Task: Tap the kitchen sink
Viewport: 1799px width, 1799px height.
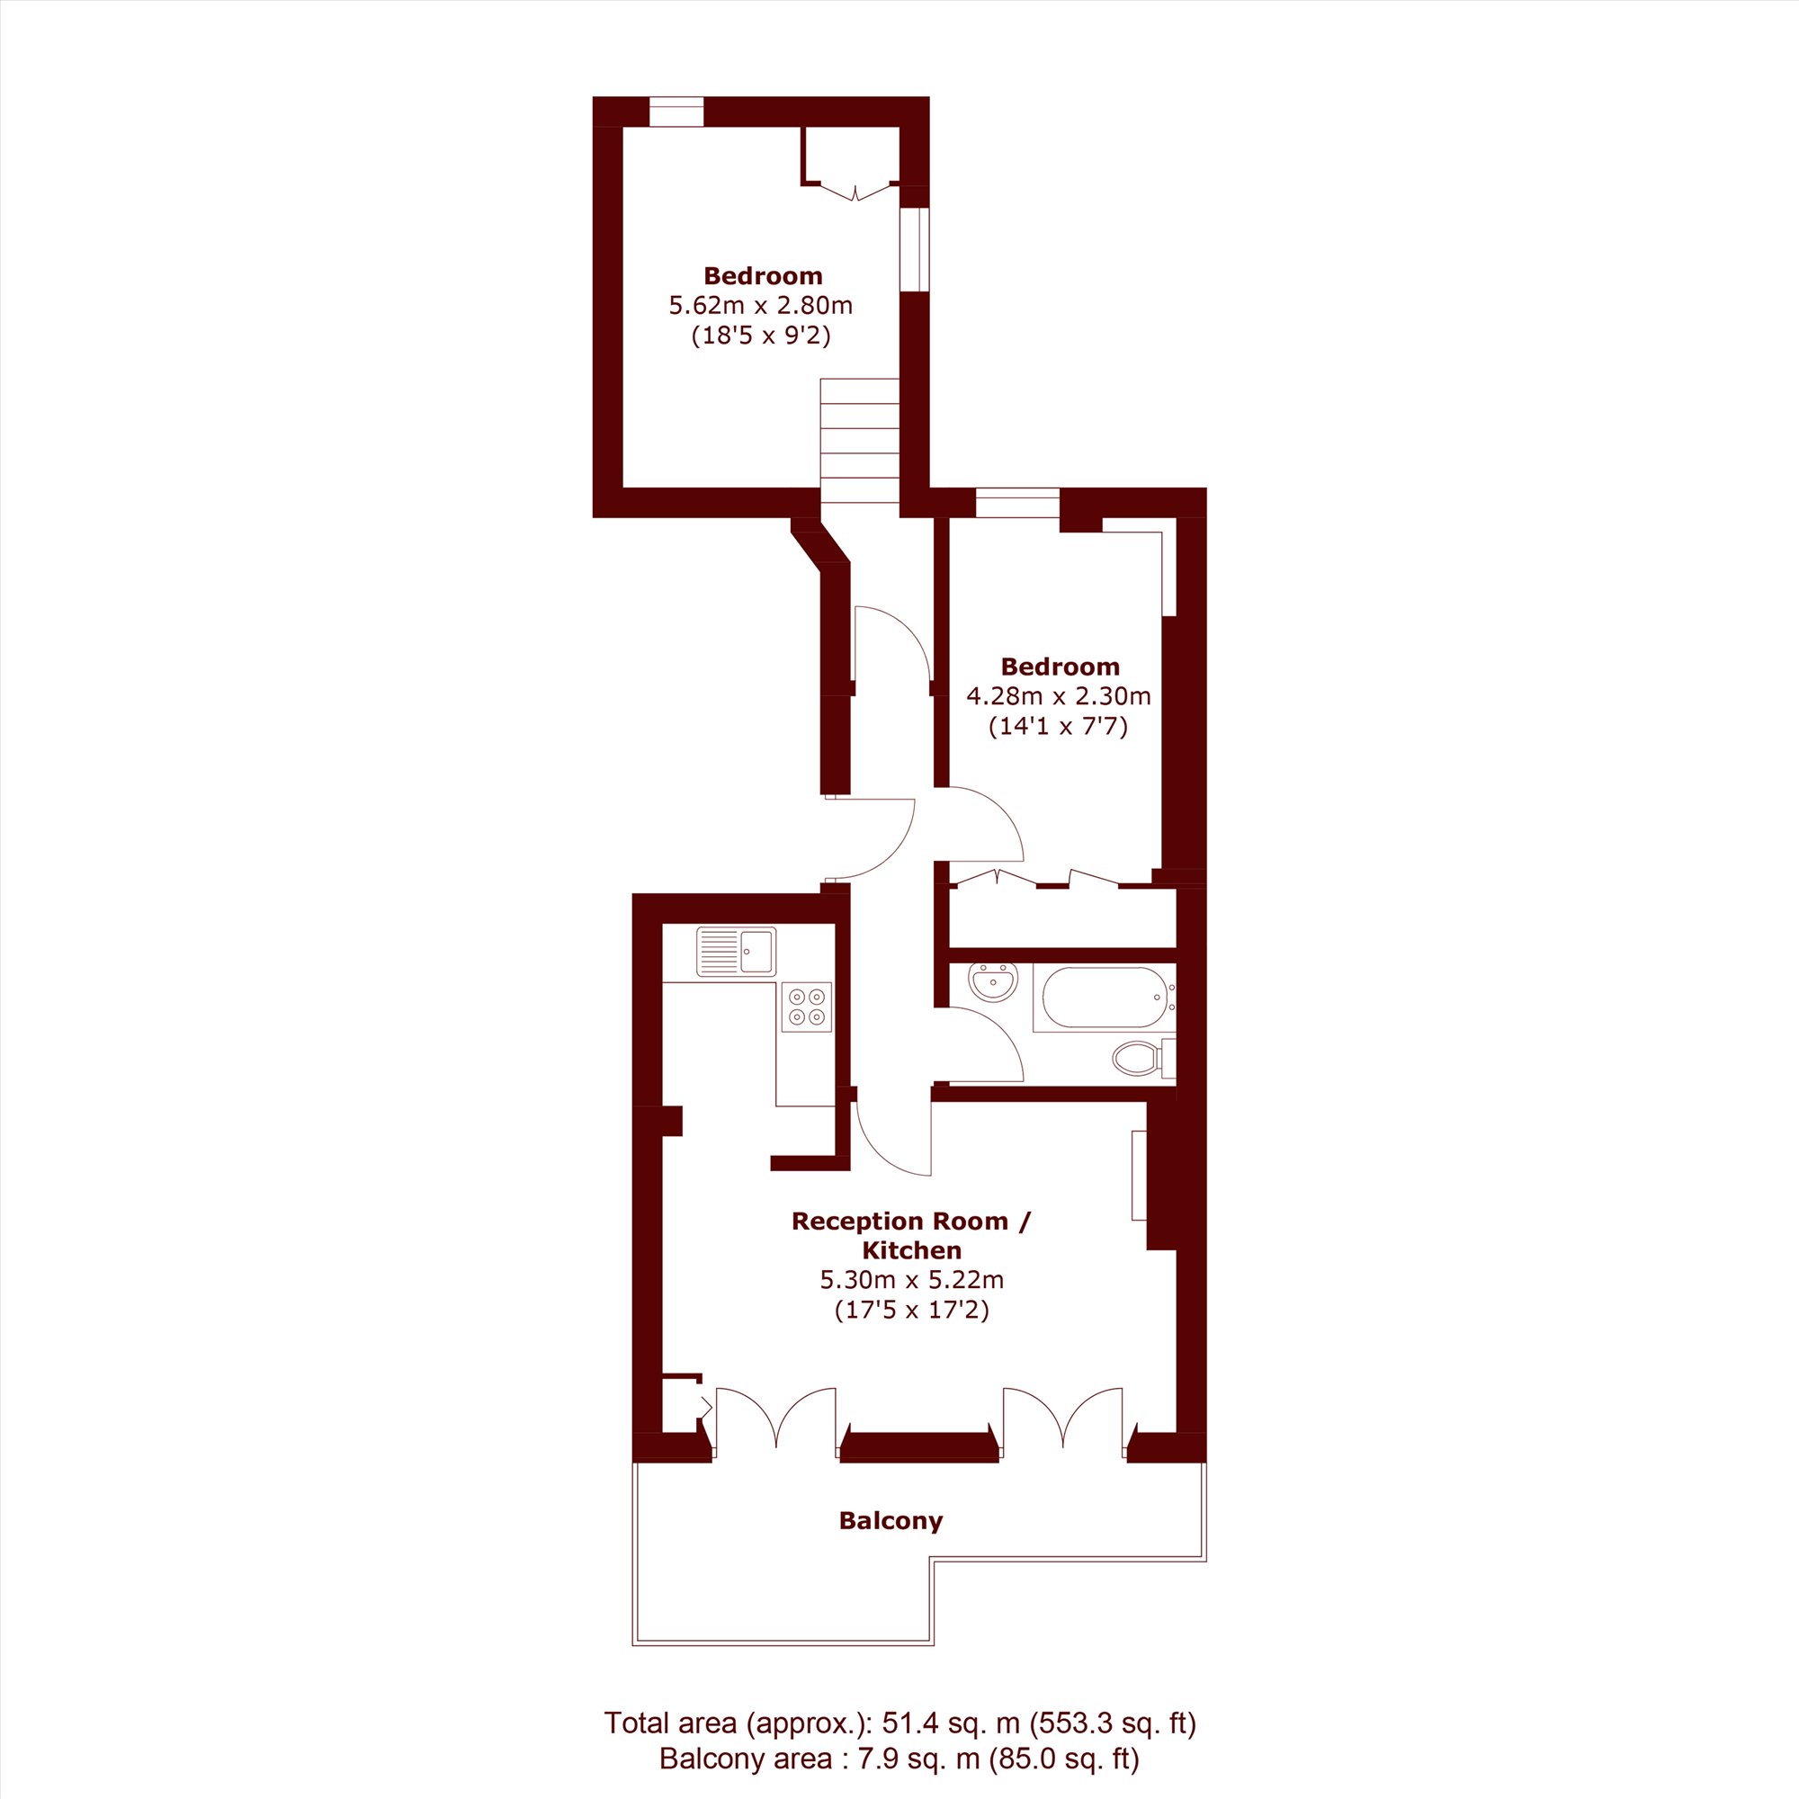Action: pyautogui.click(x=736, y=952)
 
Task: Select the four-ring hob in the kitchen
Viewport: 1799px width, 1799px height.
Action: pyautogui.click(x=806, y=1007)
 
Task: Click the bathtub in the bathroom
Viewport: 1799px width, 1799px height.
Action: pyautogui.click(x=1105, y=998)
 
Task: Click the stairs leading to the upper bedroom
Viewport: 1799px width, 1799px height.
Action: pyautogui.click(x=859, y=440)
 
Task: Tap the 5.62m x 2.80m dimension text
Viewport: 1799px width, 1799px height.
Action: pyautogui.click(x=761, y=306)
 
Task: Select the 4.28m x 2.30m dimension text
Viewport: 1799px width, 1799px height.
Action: pyautogui.click(x=1059, y=695)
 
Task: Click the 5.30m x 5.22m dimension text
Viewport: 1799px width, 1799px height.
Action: pyautogui.click(x=911, y=1279)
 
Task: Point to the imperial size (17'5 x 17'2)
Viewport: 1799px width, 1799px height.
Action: pyautogui.click(x=911, y=1311)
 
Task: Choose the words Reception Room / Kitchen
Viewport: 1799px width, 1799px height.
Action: pyautogui.click(x=911, y=1235)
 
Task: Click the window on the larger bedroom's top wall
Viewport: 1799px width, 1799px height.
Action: pyautogui.click(x=676, y=112)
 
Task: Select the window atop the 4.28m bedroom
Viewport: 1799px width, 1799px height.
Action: pyautogui.click(x=1016, y=503)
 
